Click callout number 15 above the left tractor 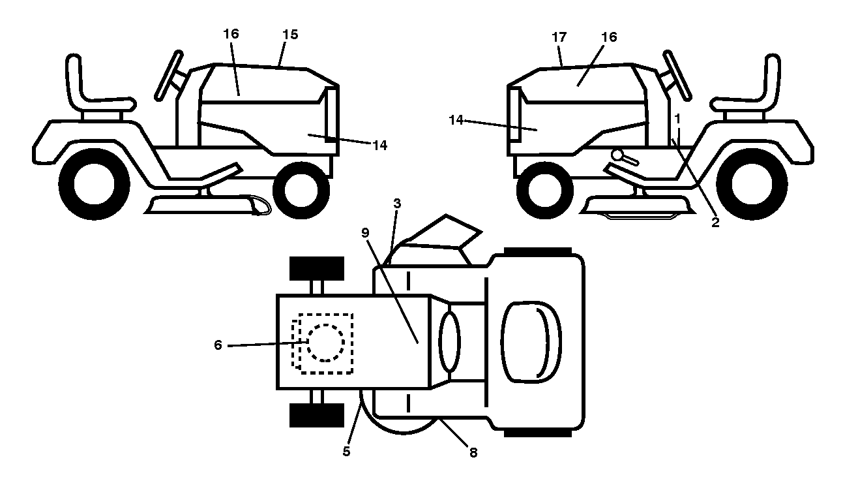290,35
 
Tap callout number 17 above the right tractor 559,37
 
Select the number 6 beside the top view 218,345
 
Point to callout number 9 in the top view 365,233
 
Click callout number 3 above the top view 397,204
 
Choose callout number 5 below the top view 347,452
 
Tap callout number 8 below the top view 473,453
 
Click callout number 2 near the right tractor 715,223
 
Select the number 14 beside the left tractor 379,146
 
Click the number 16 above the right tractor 610,37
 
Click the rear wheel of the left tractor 94,184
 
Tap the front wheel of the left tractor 301,190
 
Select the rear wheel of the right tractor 752,184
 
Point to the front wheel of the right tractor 545,190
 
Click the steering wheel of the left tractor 169,75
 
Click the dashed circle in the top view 326,343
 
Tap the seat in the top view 531,343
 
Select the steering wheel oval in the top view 450,342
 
